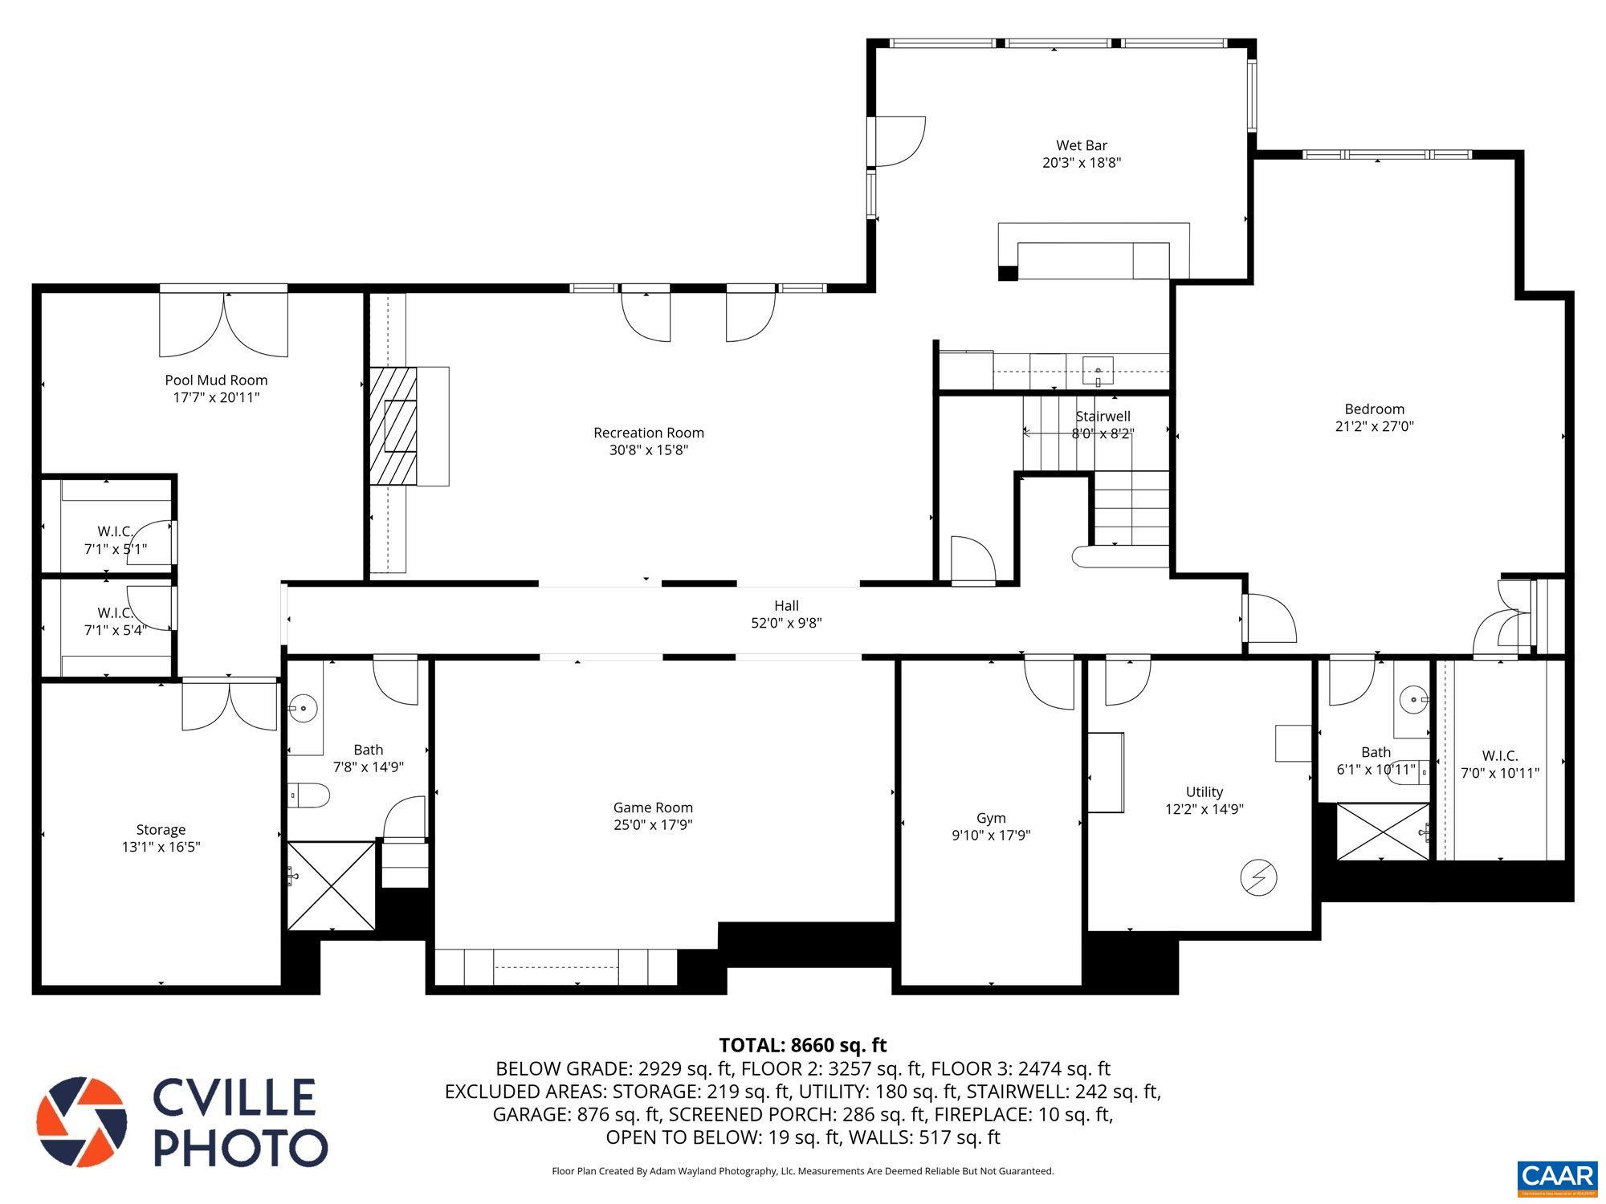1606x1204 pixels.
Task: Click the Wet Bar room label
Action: pyautogui.click(x=1081, y=145)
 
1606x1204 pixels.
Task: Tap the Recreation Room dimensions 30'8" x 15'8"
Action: pyautogui.click(x=648, y=450)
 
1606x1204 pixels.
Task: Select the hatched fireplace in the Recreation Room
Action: pyautogui.click(x=393, y=425)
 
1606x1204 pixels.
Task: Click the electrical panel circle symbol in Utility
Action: pyautogui.click(x=1258, y=877)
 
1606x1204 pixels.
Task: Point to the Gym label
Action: pyautogui.click(x=991, y=818)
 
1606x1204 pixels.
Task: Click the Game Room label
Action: pyautogui.click(x=652, y=807)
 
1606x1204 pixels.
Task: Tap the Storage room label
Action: pyautogui.click(x=161, y=829)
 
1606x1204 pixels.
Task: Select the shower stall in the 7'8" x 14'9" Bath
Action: pyautogui.click(x=331, y=885)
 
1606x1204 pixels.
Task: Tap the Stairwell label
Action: pyautogui.click(x=1103, y=416)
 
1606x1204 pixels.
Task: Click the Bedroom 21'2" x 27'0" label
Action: pyautogui.click(x=1374, y=409)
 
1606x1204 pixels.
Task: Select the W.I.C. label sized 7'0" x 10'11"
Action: pyautogui.click(x=1499, y=755)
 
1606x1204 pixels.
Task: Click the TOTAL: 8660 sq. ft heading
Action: pyautogui.click(x=802, y=1045)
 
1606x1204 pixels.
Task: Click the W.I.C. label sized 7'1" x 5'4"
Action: pyautogui.click(x=115, y=613)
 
